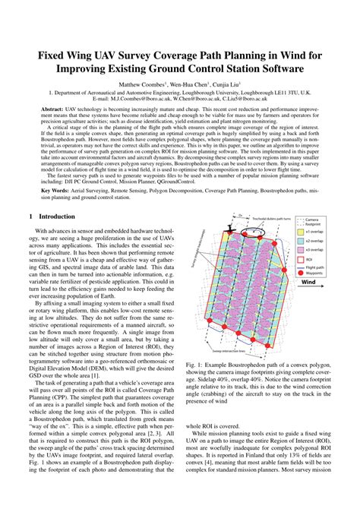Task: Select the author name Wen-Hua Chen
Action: (x=193, y=84)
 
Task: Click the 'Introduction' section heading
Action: (x=57, y=217)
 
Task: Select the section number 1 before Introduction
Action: (x=31, y=217)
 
